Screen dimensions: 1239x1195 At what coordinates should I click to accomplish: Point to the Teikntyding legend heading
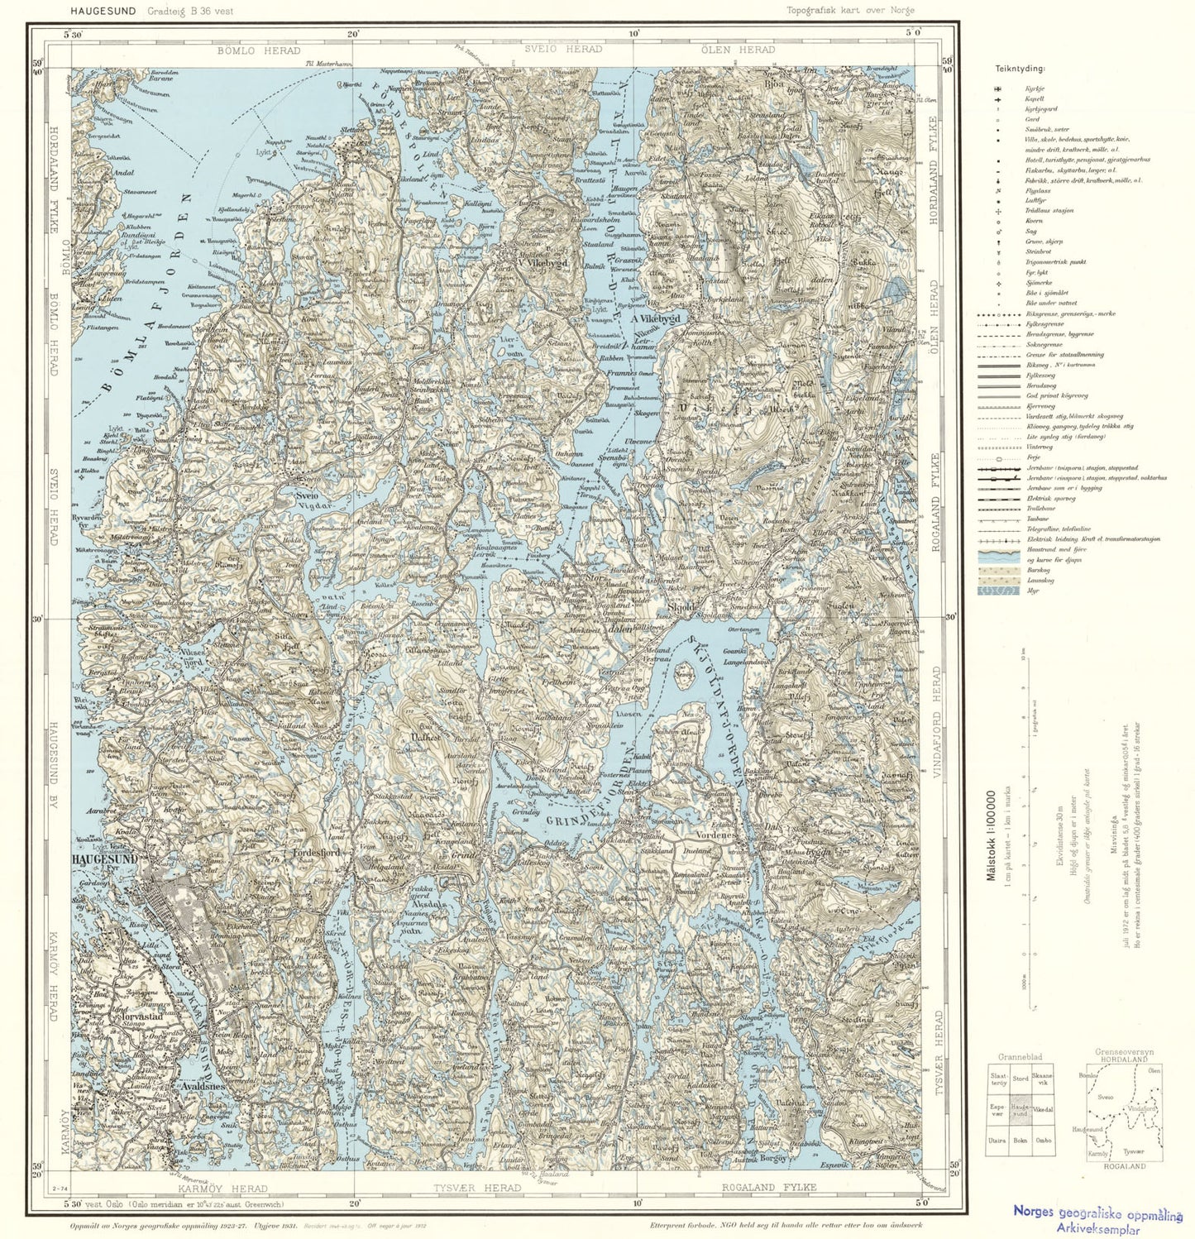[x=1020, y=69]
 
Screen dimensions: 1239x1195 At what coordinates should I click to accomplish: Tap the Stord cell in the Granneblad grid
[x=1021, y=1079]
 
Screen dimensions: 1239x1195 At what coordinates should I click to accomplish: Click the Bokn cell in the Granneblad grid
[x=1021, y=1140]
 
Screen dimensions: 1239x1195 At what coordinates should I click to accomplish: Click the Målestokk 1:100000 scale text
[x=991, y=835]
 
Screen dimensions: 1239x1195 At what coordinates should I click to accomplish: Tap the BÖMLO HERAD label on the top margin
[x=246, y=50]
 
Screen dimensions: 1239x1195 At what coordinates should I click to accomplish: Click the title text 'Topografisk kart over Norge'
[x=850, y=11]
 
